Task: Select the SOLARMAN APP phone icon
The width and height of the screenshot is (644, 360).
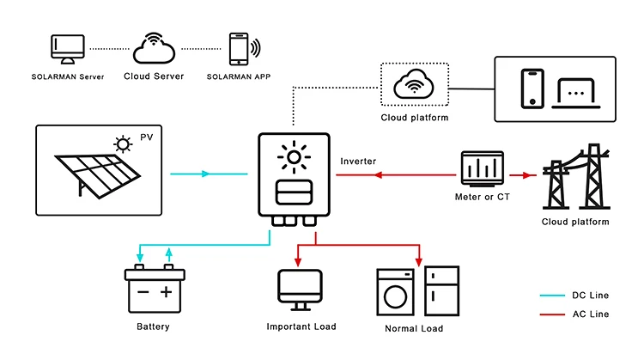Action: tap(240, 49)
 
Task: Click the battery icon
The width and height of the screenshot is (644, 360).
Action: tap(154, 290)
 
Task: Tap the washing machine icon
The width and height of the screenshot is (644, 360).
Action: tap(396, 292)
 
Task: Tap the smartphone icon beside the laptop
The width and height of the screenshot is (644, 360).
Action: tap(532, 88)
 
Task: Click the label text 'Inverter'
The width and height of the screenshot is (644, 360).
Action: tap(358, 162)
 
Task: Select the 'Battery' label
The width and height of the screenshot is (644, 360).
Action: tap(153, 326)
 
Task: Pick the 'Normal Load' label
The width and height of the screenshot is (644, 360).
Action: tap(415, 329)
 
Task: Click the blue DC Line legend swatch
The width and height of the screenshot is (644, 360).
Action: tap(552, 295)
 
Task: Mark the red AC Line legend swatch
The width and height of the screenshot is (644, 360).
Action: tap(552, 314)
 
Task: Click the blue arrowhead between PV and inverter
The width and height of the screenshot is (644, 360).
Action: tap(205, 174)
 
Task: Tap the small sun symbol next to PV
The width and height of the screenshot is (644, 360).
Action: tap(125, 143)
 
